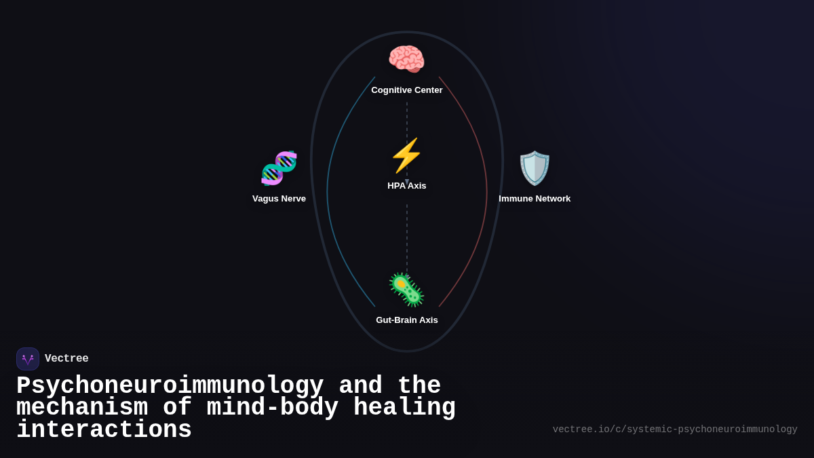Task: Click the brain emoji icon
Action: [x=406, y=59]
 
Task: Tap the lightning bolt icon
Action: [x=406, y=155]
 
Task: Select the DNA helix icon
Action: [x=279, y=168]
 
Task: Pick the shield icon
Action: [x=535, y=168]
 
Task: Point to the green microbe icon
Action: [x=406, y=290]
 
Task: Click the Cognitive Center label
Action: [x=407, y=90]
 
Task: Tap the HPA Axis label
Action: [x=407, y=186]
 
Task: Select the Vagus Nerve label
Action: [x=279, y=199]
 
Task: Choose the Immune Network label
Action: [x=535, y=199]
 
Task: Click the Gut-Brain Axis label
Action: [x=407, y=320]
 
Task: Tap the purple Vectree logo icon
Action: [x=28, y=359]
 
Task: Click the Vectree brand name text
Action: [x=66, y=359]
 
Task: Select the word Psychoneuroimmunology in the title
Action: [x=170, y=385]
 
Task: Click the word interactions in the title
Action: [x=104, y=430]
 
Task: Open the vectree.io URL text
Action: [x=675, y=430]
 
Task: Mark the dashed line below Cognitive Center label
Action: [x=407, y=119]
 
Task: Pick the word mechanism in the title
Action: [x=82, y=408]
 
